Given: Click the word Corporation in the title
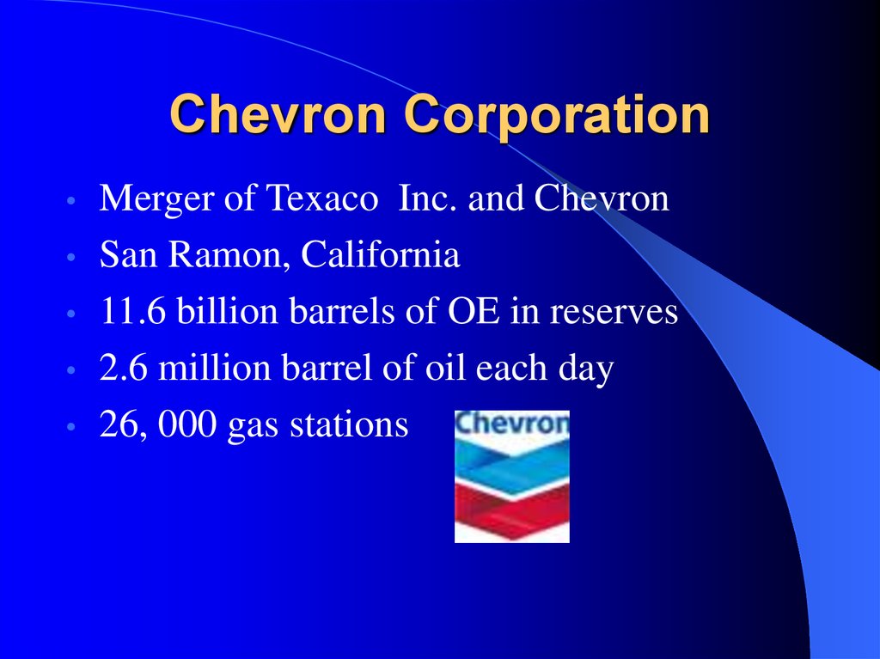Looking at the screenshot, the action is pyautogui.click(x=557, y=115).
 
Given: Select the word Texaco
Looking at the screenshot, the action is pyautogui.click(x=322, y=198).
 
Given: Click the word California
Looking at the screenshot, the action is pyautogui.click(x=381, y=254).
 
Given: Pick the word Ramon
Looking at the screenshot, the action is pyautogui.click(x=225, y=256).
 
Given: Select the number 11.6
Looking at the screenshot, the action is pyautogui.click(x=132, y=311).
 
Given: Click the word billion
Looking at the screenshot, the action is pyautogui.click(x=227, y=310).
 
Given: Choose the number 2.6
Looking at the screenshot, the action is pyautogui.click(x=124, y=368).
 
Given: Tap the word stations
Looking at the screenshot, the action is pyautogui.click(x=349, y=424).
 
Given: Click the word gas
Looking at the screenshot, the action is pyautogui.click(x=253, y=428).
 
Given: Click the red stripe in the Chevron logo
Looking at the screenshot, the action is pyautogui.click(x=512, y=507).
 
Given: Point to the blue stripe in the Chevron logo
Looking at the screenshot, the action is pyautogui.click(x=512, y=465).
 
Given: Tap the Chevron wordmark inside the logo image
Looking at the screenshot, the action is pyautogui.click(x=512, y=424).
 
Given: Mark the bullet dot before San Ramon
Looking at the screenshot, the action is pyautogui.click(x=70, y=257).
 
